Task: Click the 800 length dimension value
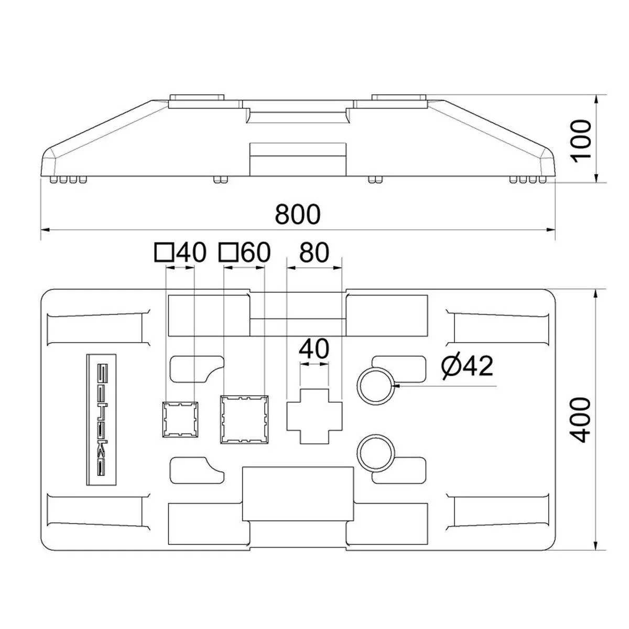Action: pos(298,214)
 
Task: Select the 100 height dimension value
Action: pos(581,139)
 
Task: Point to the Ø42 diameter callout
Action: pos(467,366)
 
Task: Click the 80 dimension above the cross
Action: pos(314,252)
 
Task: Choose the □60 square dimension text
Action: pos(244,252)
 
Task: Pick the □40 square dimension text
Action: pos(180,252)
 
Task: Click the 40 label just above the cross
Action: pos(314,349)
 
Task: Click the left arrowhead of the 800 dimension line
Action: pos(45,230)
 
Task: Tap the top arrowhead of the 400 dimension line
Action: pos(596,294)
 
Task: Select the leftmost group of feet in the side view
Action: pos(68,180)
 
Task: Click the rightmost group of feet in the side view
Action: pos(527,180)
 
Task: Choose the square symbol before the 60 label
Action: pos(228,252)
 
